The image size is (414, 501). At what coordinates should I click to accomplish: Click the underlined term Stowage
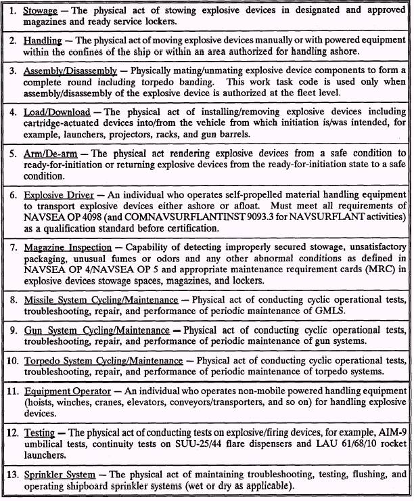point(40,12)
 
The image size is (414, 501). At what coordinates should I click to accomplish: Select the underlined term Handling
point(43,41)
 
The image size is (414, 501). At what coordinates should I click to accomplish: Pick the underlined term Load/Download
point(57,111)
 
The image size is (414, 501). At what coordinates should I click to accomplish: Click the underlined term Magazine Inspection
point(68,247)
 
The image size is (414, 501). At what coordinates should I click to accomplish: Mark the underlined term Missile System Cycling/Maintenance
point(101,299)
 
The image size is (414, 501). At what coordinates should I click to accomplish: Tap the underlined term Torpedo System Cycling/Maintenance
point(103,360)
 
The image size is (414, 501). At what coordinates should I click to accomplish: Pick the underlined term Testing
point(39,432)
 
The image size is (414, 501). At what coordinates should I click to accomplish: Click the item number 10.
point(13,360)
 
